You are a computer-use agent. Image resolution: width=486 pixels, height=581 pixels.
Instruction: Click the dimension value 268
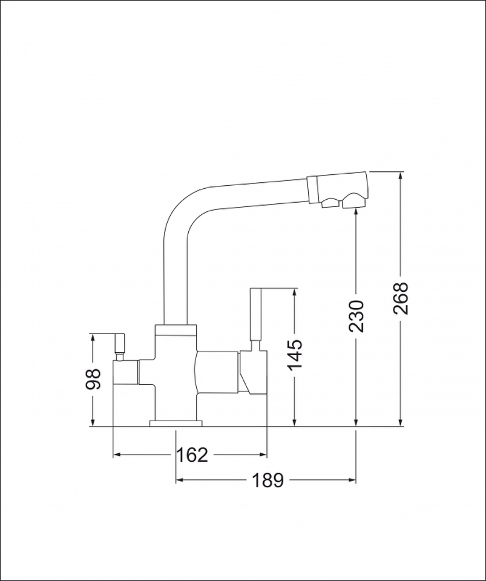tap(401, 298)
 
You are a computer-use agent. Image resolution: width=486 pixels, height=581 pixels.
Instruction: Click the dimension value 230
tap(357, 315)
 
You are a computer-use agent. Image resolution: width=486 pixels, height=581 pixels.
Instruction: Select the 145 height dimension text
tap(295, 355)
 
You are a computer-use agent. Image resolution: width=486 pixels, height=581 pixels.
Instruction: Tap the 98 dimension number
tap(93, 379)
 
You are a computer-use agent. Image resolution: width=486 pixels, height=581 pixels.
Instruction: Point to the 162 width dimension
tap(192, 454)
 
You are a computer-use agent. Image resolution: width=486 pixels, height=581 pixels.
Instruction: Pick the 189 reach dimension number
tap(268, 480)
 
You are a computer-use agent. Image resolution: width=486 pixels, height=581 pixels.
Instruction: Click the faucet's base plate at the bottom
tap(176, 423)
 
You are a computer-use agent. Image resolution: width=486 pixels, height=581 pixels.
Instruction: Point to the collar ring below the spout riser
tap(176, 330)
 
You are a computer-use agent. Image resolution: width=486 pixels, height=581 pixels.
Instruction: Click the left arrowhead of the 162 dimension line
tap(117, 454)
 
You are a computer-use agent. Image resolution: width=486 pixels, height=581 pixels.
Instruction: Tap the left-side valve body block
tap(126, 372)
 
